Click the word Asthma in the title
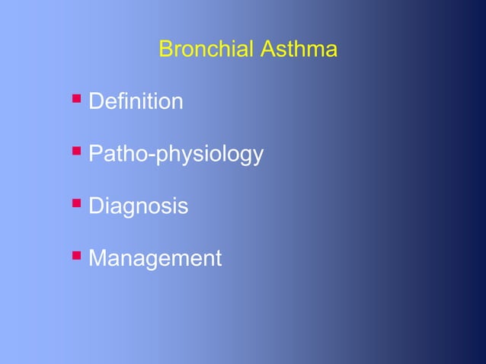[x=299, y=50]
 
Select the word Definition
[x=136, y=101]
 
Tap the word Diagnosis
[x=138, y=206]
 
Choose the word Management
[x=155, y=259]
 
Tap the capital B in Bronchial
[x=165, y=50]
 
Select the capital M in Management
[x=98, y=259]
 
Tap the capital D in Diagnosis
[x=96, y=206]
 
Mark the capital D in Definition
[x=96, y=101]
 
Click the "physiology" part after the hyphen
[x=210, y=155]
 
